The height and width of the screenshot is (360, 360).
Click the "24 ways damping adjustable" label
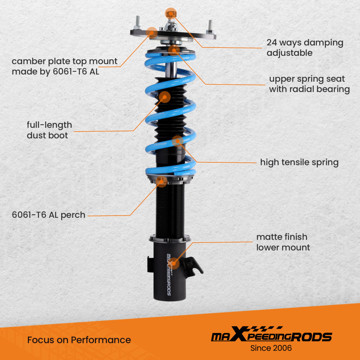click(x=305, y=48)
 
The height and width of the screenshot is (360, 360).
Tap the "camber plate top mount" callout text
click(x=64, y=66)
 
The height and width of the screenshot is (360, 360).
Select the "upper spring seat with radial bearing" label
click(x=309, y=84)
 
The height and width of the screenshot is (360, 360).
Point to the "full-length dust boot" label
click(x=49, y=130)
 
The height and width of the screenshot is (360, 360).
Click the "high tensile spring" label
click(x=299, y=162)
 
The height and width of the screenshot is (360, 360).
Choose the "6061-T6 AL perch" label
click(x=49, y=215)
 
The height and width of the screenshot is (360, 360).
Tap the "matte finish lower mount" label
click(x=283, y=242)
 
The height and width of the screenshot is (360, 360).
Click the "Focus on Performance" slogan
click(x=79, y=340)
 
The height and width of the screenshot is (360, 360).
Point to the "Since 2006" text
click(x=271, y=348)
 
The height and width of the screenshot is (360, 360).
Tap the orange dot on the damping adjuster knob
click(x=171, y=14)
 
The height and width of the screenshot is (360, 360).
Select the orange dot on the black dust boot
click(x=165, y=96)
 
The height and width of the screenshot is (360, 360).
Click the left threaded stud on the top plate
click(x=138, y=22)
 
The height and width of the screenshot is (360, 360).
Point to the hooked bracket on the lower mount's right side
click(x=195, y=266)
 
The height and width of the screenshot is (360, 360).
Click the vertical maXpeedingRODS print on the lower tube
click(x=169, y=275)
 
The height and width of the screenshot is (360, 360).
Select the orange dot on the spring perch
click(x=162, y=182)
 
